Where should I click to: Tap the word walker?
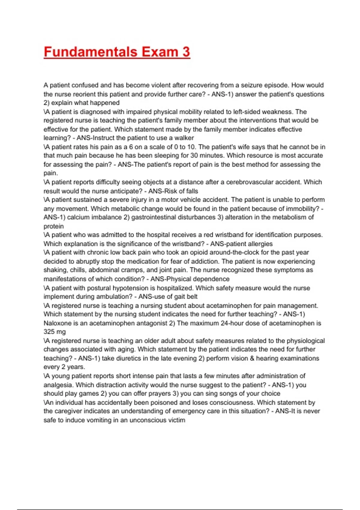[184, 138]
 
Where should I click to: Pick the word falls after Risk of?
[191, 191]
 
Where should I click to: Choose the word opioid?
[198, 252]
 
